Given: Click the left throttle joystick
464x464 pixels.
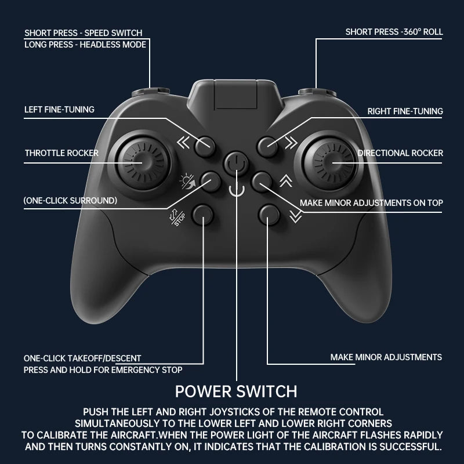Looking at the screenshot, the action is click(x=143, y=163).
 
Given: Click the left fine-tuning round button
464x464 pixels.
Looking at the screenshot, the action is click(x=205, y=146).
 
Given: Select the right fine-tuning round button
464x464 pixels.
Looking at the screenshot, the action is click(x=267, y=147).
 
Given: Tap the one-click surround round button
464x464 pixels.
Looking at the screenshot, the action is click(x=211, y=182).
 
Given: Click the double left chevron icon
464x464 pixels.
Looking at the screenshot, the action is click(x=183, y=143).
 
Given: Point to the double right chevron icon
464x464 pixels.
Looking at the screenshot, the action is click(x=291, y=143).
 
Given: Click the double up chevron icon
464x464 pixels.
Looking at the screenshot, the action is click(x=286, y=181).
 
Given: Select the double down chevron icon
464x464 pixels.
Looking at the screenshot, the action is click(x=296, y=216).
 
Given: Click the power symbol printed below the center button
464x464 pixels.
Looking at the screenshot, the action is click(x=237, y=189).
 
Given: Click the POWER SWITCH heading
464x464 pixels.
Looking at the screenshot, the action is click(x=236, y=391).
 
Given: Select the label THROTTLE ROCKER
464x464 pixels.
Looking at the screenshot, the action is click(x=61, y=153).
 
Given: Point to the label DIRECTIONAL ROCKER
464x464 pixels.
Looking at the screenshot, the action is click(x=400, y=153).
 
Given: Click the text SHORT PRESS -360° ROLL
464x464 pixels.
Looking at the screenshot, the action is click(x=394, y=32).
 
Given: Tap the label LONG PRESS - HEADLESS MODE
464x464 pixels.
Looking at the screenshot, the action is click(x=85, y=45).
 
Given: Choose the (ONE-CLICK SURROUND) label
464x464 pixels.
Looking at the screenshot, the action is click(x=70, y=201).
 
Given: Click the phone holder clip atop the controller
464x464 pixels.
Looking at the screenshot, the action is click(x=236, y=94).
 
